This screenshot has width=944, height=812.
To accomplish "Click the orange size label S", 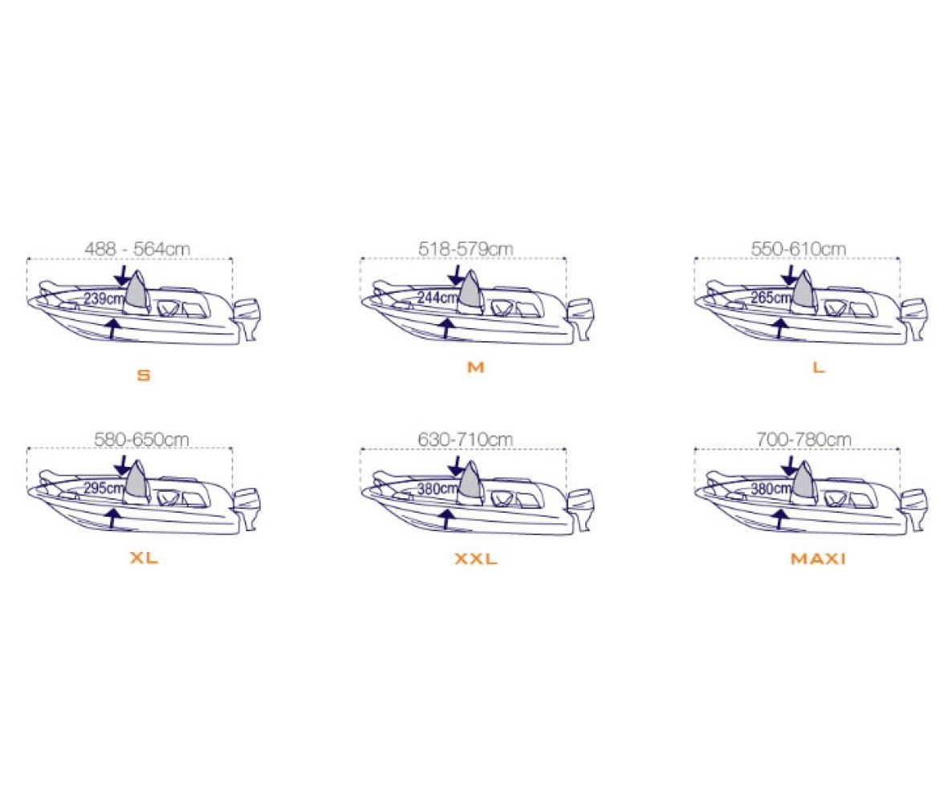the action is pyautogui.click(x=143, y=376).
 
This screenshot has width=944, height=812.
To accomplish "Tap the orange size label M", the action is pyautogui.click(x=475, y=367).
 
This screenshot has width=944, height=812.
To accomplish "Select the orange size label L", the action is pyautogui.click(x=818, y=367).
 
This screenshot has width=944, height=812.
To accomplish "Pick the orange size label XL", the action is pyautogui.click(x=144, y=558).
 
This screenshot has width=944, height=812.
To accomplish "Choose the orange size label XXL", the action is pyautogui.click(x=475, y=559).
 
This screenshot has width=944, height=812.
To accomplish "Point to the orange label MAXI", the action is pyautogui.click(x=818, y=559).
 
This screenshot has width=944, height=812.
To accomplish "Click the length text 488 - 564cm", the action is pyautogui.click(x=137, y=249).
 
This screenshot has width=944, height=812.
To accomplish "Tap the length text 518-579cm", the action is pyautogui.click(x=466, y=249).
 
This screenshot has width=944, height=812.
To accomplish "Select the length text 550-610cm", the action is pyautogui.click(x=798, y=249).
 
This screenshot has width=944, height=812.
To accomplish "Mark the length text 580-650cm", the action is pyautogui.click(x=141, y=440).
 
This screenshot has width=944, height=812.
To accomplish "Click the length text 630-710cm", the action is pyautogui.click(x=466, y=440).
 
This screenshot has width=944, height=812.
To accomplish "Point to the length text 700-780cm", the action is pyautogui.click(x=804, y=440).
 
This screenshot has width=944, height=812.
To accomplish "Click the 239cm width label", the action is pyautogui.click(x=104, y=298).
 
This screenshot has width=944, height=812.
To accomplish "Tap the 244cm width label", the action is pyautogui.click(x=437, y=298).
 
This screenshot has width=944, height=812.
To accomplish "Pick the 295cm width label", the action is pyautogui.click(x=104, y=488).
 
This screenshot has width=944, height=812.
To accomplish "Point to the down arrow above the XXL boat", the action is pyautogui.click(x=456, y=465).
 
